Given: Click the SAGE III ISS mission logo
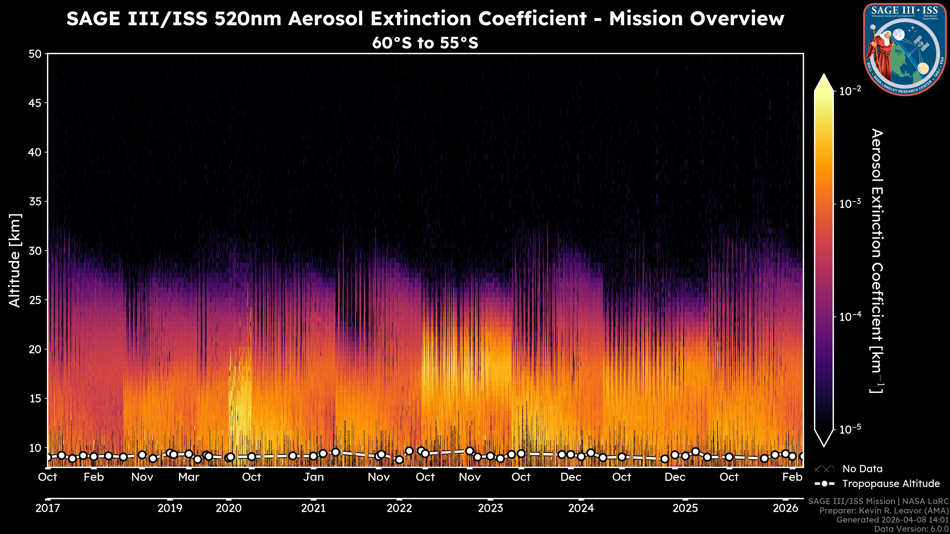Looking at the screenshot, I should point(905,49).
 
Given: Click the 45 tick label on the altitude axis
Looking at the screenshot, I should point(35,103).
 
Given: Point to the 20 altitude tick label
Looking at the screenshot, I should point(35,349).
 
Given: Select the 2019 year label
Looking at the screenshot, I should point(170,508).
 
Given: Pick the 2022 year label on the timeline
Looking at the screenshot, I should point(399,508).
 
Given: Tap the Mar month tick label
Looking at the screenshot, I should point(189,477).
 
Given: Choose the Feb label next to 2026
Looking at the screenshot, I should point(792,477).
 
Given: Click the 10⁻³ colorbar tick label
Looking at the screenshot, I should point(850,204).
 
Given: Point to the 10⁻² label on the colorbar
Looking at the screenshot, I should point(850,91).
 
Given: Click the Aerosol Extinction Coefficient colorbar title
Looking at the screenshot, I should point(877,261).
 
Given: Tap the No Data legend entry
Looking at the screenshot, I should point(862,469).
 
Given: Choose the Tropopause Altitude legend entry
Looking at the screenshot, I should point(891,484).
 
